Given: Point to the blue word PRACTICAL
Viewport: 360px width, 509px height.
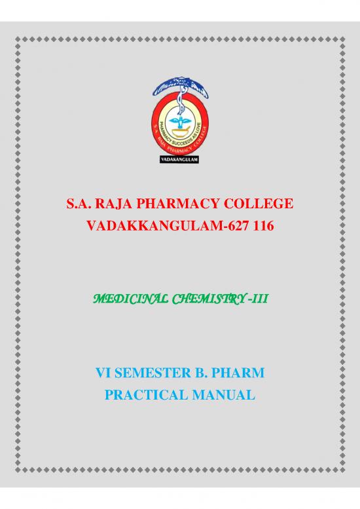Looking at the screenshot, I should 147,396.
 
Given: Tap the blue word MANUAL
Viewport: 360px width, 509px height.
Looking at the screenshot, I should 223,396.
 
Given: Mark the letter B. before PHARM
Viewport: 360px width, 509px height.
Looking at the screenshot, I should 202,375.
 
